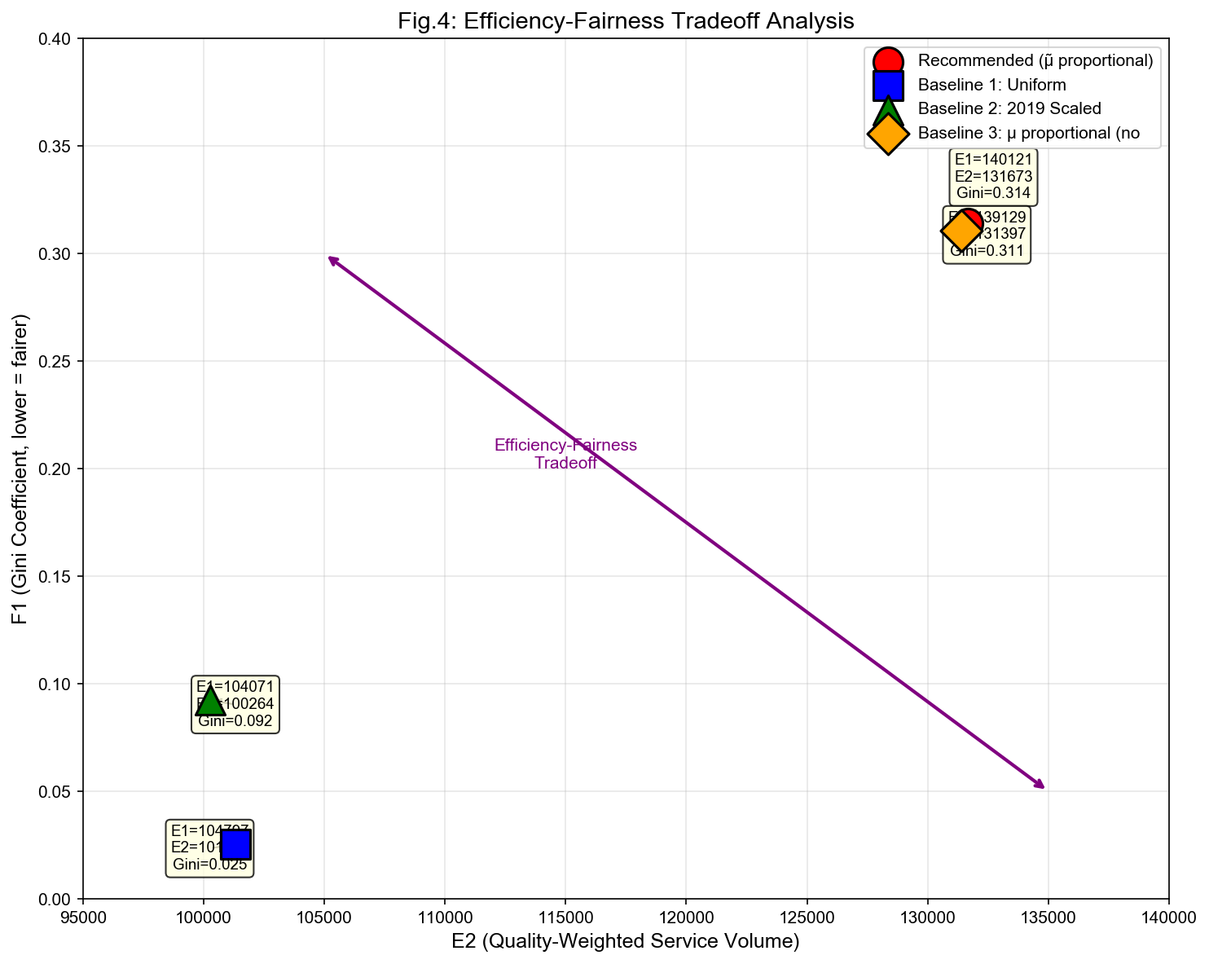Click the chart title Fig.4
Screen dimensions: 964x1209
click(626, 20)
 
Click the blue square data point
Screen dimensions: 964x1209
click(235, 845)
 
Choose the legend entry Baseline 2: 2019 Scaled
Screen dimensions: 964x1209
click(1009, 108)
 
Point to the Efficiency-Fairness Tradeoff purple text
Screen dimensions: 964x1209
click(565, 454)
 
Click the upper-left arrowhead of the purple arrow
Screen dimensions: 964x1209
click(330, 258)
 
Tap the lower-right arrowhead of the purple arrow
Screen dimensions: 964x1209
click(1042, 786)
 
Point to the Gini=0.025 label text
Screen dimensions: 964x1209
click(210, 865)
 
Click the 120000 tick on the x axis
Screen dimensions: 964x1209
click(686, 918)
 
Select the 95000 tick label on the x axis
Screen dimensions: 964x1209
click(83, 918)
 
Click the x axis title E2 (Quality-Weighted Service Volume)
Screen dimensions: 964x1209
click(626, 942)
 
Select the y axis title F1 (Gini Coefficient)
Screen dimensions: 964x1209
click(21, 469)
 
